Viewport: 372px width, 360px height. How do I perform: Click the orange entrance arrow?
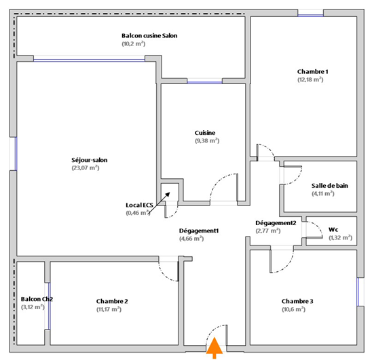pos(215,348)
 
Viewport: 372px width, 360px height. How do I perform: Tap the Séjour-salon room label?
pos(90,160)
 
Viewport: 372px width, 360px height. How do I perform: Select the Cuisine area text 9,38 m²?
pos(207,140)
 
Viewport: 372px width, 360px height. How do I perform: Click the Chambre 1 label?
pos(313,72)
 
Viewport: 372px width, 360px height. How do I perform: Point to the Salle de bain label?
pos(330,186)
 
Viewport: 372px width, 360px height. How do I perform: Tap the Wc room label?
pos(333,229)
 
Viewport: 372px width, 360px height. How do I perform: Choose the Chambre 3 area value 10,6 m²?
pos(294,309)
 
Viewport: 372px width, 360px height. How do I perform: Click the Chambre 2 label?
pos(112,301)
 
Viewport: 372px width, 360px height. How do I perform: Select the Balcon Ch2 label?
pos(37,299)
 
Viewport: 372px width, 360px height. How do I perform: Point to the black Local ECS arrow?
pos(160,203)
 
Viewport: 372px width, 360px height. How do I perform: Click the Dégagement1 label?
pos(199,231)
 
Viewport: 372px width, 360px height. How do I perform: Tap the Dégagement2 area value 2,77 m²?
pos(268,231)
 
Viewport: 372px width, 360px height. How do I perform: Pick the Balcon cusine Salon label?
pos(149,35)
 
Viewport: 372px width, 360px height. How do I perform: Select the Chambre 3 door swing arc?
pos(286,266)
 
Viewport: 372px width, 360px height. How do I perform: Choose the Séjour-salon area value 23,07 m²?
pos(86,167)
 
